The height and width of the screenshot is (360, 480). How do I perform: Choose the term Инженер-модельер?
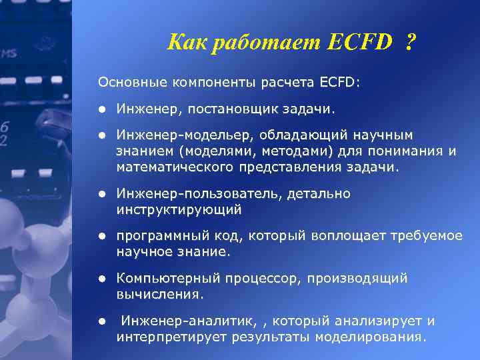pos(171,135)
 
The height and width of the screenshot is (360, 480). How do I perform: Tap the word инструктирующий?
pos(179,209)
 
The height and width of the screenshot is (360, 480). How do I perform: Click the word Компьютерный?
pos(161,279)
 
